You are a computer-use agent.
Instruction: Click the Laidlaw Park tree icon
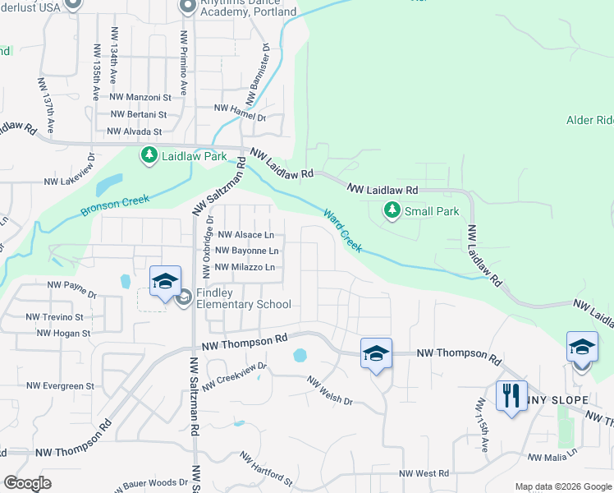149,155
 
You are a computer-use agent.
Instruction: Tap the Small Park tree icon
392,211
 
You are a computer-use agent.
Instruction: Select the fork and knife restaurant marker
511,396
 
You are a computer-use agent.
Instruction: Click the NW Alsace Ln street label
245,234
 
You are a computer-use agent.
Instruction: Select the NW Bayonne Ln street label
246,251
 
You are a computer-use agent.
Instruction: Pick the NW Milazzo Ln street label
245,267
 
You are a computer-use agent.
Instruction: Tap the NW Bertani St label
138,115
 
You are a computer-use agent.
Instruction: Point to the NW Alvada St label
135,131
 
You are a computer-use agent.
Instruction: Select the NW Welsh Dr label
330,391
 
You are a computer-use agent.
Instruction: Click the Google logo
28,483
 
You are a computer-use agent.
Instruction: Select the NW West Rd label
424,473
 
